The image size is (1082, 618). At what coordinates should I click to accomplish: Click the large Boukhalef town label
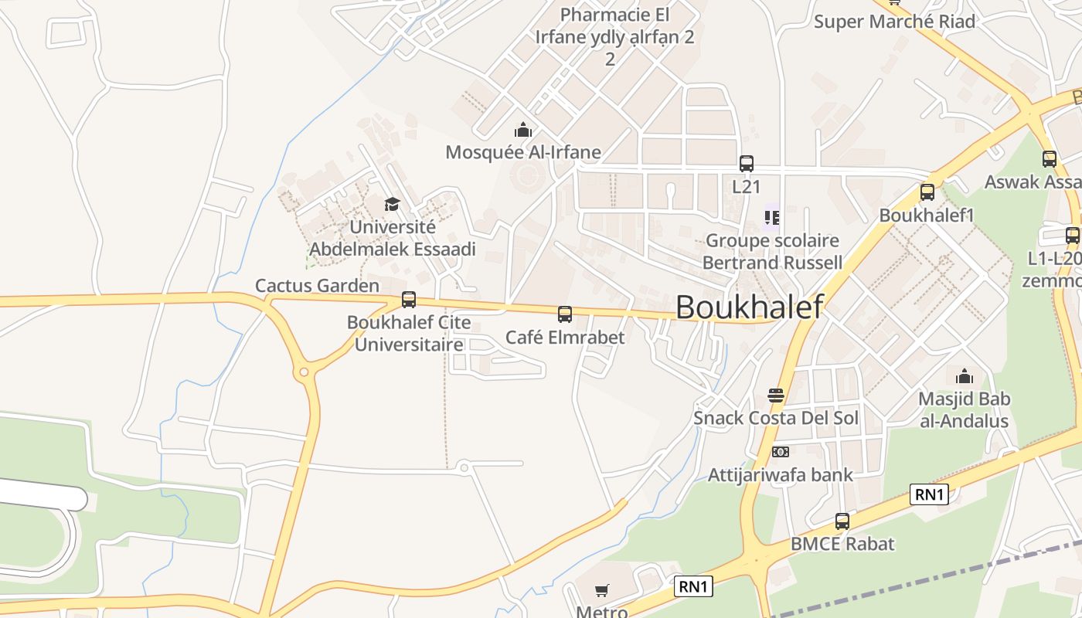[749, 307]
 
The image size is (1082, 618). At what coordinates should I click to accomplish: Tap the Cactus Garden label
[317, 286]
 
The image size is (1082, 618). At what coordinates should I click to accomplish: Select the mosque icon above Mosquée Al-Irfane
[523, 130]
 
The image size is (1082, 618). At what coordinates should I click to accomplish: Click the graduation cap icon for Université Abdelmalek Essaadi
[393, 204]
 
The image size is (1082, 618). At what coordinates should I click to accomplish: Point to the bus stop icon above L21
[746, 164]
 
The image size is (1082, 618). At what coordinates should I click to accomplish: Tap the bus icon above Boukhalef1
[927, 192]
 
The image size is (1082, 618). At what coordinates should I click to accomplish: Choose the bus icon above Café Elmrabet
[565, 314]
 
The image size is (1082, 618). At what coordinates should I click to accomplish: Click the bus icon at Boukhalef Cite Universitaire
[409, 300]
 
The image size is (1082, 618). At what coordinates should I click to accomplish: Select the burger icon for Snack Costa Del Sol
[776, 396]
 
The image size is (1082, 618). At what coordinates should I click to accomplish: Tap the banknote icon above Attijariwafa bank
[780, 452]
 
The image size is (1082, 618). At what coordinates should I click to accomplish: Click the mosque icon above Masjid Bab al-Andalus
[964, 377]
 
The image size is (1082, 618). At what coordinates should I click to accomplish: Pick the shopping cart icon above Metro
[602, 591]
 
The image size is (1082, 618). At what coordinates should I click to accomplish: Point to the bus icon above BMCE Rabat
[842, 521]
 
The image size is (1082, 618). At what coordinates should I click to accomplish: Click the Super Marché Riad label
[894, 22]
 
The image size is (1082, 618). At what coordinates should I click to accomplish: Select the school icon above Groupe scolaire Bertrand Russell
[771, 218]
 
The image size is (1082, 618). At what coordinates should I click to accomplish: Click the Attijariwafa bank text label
[780, 474]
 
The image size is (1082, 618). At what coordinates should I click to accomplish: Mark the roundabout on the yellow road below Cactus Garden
[305, 372]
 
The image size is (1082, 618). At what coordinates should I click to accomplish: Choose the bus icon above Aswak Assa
[1049, 159]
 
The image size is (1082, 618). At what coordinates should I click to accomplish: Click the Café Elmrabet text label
[565, 338]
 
